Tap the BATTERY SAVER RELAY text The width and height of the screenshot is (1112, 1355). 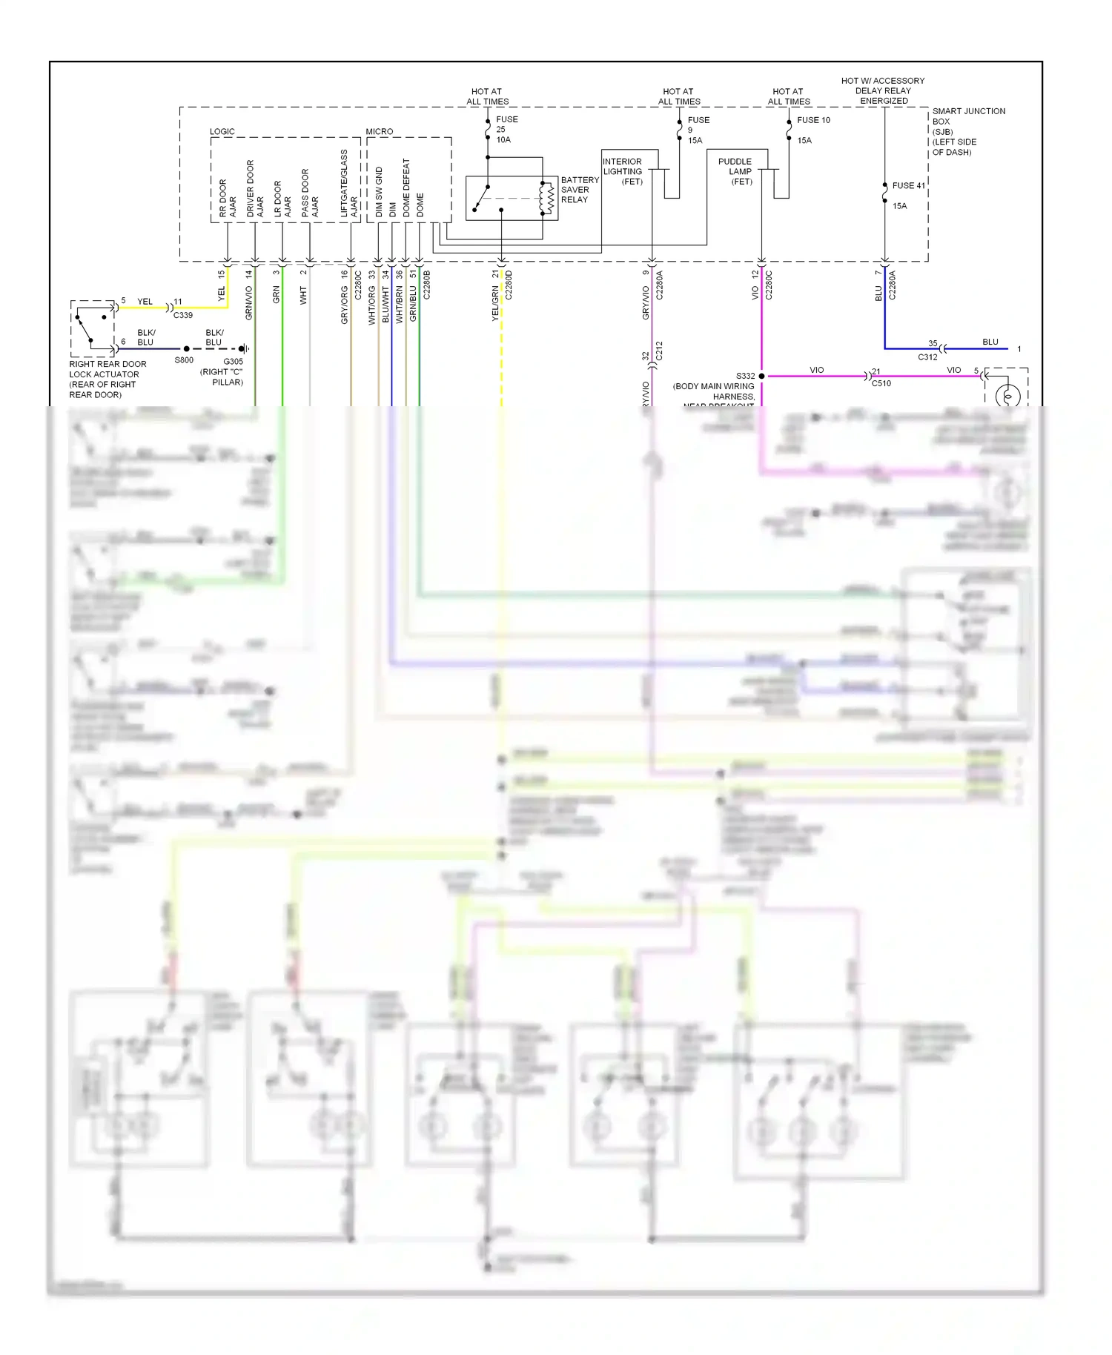(579, 190)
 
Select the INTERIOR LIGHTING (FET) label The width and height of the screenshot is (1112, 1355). (623, 171)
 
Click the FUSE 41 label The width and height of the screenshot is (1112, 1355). (908, 186)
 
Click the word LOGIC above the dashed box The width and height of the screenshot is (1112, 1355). (222, 132)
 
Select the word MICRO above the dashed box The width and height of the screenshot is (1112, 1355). (379, 132)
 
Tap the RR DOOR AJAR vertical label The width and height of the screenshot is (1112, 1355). (228, 198)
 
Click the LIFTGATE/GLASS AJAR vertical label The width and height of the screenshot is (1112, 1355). (348, 184)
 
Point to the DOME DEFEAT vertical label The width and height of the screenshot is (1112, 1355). (406, 188)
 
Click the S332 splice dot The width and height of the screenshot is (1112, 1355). (761, 377)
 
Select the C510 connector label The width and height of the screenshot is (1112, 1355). (881, 383)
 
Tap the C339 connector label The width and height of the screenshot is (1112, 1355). (183, 315)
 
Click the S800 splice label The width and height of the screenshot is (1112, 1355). (184, 360)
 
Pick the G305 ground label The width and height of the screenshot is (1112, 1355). (233, 362)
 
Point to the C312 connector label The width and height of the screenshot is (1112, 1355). (927, 357)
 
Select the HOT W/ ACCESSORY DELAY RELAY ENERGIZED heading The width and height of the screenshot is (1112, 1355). (882, 90)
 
